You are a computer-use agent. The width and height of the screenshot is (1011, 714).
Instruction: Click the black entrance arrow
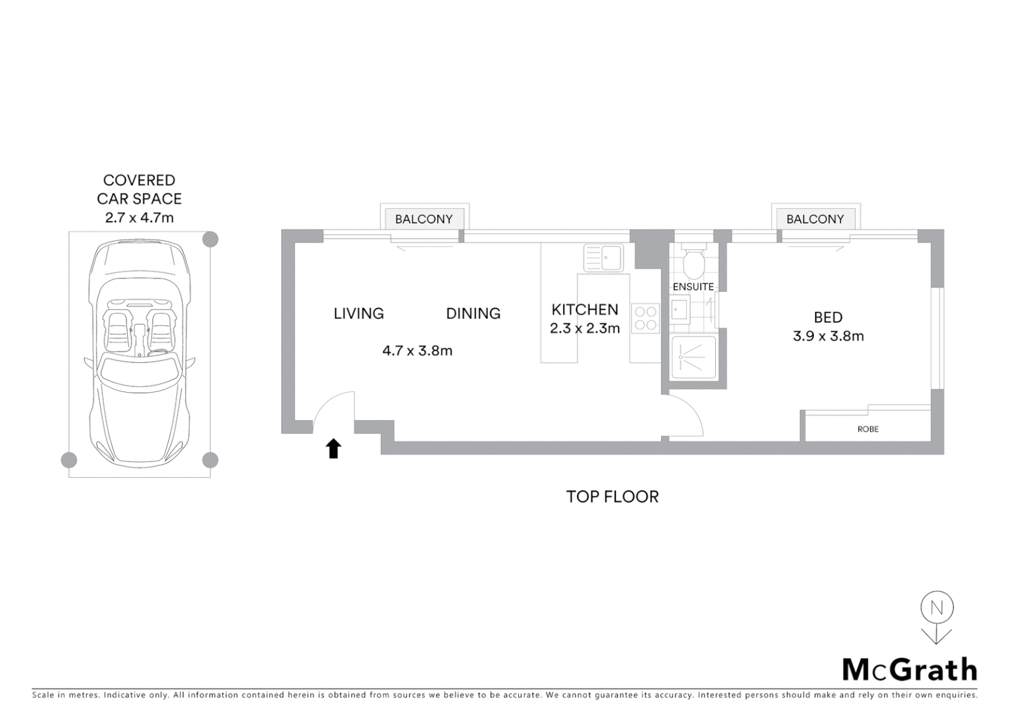pos(333,449)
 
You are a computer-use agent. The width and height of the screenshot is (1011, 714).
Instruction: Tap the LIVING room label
pos(359,313)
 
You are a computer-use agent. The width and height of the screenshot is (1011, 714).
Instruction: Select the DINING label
pos(473,313)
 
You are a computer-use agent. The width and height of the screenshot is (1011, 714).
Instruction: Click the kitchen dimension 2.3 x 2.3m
pos(585,328)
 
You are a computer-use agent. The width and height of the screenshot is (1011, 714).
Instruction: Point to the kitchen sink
pos(603,257)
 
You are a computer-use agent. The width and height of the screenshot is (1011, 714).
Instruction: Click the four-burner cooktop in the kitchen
pos(645,317)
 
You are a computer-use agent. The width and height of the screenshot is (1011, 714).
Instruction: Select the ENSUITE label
pos(693,286)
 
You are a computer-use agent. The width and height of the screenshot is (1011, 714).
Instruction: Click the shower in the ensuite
pos(693,358)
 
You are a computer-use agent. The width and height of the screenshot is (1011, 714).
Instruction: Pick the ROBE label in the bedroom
pos(867,429)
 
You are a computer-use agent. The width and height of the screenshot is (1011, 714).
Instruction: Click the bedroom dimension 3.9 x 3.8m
pos(828,336)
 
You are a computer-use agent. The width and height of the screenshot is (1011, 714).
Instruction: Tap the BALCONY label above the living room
pos(424,219)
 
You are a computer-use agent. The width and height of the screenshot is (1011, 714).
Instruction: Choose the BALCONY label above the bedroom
pos(815,219)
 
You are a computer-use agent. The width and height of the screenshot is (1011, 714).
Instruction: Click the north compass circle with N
pos(936,608)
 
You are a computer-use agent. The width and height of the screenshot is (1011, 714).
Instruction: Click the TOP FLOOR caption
pos(612,496)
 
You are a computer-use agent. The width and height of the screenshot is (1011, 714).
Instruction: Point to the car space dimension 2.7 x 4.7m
pos(139,218)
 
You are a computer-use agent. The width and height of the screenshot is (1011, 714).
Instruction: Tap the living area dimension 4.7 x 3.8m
pos(418,350)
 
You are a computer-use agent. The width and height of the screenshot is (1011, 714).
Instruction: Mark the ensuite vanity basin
pos(680,309)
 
